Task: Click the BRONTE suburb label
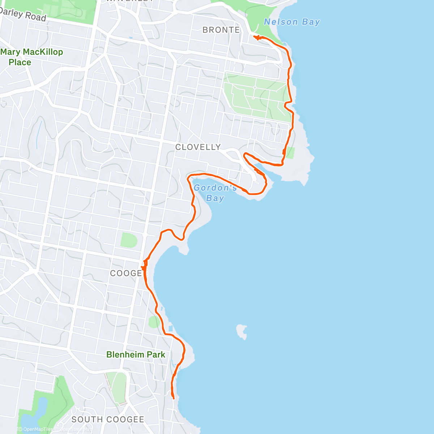[x=221, y=30]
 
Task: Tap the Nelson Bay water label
[x=292, y=22]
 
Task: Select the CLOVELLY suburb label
[x=198, y=147]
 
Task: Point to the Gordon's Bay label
[x=215, y=193]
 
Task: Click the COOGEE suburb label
[x=126, y=273]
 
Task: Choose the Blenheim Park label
[x=136, y=355]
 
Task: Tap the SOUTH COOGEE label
[x=108, y=420]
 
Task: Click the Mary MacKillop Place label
[x=31, y=57]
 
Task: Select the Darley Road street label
[x=24, y=15]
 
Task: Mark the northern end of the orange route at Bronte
[x=255, y=37]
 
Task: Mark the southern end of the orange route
[x=174, y=398]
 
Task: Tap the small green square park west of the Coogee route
[x=128, y=240]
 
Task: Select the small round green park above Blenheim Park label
[x=154, y=322]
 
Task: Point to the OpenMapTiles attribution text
[x=35, y=430]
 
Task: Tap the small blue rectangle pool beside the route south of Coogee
[x=170, y=329]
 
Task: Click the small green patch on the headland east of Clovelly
[x=290, y=153]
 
